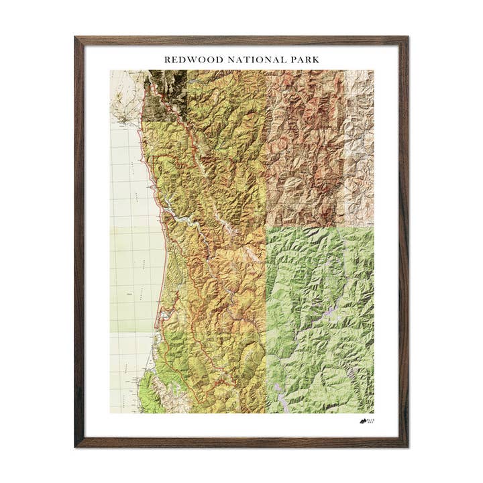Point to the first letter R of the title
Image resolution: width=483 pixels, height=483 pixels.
click(x=168, y=60)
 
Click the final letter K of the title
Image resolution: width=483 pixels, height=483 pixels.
click(x=316, y=60)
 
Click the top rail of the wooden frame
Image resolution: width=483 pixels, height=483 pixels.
click(x=241, y=40)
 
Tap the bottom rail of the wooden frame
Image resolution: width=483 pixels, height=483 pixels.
click(x=241, y=443)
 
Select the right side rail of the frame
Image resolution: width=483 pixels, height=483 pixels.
click(x=405, y=241)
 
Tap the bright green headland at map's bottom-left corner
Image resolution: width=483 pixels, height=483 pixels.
click(x=149, y=398)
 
